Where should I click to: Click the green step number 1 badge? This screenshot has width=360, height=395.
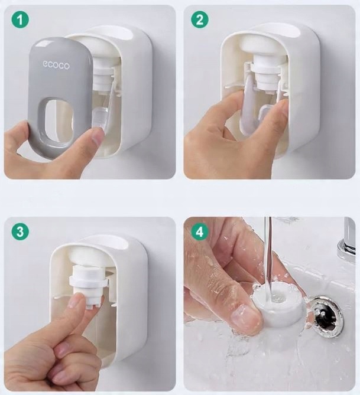[20, 19]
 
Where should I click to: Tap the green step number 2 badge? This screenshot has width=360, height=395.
[200, 19]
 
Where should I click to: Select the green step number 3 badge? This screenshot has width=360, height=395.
[20, 231]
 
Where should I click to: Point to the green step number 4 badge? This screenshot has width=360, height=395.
[200, 231]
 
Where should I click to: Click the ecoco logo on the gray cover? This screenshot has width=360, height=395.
[56, 65]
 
